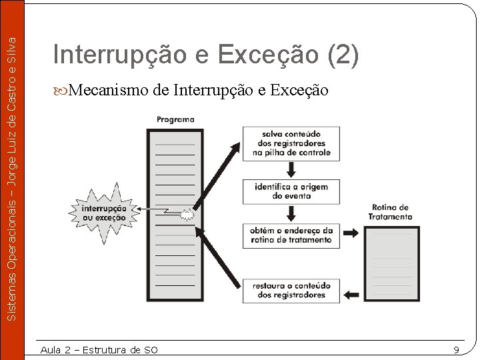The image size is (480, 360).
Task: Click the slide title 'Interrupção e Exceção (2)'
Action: (x=206, y=55)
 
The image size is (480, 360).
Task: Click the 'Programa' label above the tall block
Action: (x=175, y=120)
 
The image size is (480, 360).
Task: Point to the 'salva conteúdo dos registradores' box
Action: (x=291, y=143)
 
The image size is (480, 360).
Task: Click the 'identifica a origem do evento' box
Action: (x=291, y=191)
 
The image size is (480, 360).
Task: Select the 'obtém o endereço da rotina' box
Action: (x=291, y=235)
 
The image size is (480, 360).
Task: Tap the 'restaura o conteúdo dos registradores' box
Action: (x=291, y=291)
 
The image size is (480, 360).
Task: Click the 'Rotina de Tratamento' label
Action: (x=391, y=212)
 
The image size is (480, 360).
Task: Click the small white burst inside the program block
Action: (x=187, y=215)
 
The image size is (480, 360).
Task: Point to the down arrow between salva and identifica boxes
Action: (x=291, y=169)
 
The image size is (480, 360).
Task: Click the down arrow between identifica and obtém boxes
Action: (x=291, y=213)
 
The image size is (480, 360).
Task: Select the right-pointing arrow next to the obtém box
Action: (x=351, y=233)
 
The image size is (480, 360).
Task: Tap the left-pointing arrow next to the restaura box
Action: (x=351, y=294)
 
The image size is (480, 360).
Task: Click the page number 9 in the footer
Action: (x=456, y=349)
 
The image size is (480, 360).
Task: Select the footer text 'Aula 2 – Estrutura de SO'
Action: (x=99, y=349)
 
